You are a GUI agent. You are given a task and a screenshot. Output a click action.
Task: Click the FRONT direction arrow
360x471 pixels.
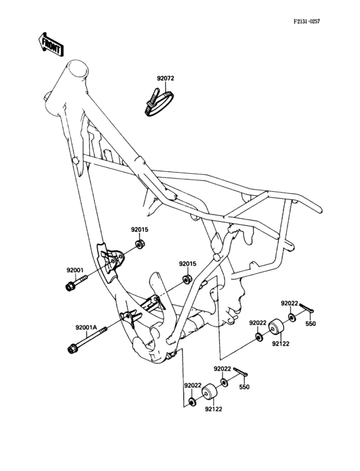click(x=50, y=46)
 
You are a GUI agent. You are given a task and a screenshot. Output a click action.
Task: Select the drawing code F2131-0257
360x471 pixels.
click(x=307, y=21)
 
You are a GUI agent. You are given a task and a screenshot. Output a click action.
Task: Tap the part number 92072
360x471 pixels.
click(x=165, y=78)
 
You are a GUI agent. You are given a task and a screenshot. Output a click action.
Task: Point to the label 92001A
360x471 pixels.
click(x=85, y=327)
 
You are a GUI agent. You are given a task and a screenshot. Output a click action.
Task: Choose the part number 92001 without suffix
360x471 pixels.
click(x=75, y=270)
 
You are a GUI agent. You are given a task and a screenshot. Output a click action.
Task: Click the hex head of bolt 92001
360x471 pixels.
click(x=69, y=286)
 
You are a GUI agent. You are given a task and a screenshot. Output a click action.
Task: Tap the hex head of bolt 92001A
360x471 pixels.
click(x=71, y=349)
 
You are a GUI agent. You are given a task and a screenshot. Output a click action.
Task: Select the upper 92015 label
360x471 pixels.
click(x=140, y=229)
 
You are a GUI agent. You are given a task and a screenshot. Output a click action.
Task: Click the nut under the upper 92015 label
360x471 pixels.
click(x=140, y=245)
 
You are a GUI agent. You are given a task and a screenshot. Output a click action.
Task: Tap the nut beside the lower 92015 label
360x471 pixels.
click(x=187, y=279)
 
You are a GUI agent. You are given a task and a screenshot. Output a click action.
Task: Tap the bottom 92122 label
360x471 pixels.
click(x=214, y=408)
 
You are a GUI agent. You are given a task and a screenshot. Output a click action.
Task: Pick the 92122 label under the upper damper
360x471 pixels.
click(x=280, y=344)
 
